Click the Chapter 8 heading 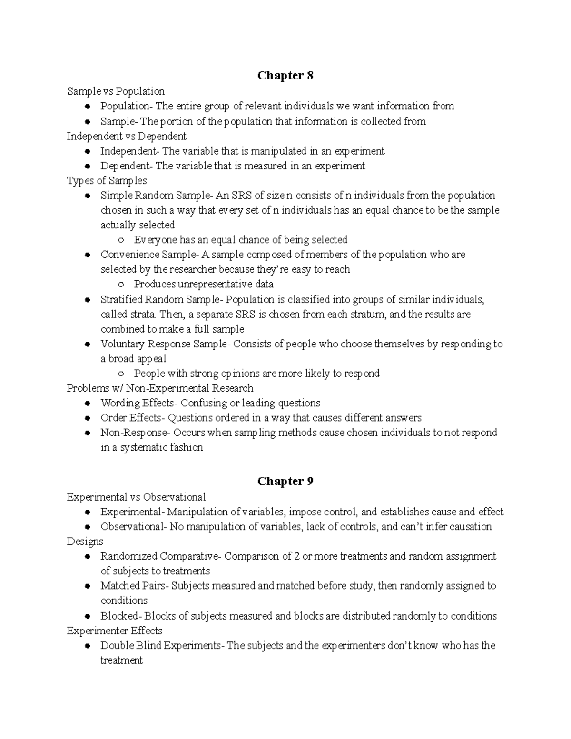coord(285,76)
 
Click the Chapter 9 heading coord(285,481)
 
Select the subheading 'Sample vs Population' coord(116,91)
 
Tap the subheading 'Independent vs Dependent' coord(127,136)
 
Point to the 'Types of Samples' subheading coord(107,181)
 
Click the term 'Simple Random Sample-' coord(157,196)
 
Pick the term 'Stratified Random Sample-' coord(161,300)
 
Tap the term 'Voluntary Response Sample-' coord(165,344)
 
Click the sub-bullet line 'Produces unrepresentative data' coord(204,285)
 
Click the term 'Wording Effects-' coord(140,403)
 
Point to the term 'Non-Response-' coord(135,433)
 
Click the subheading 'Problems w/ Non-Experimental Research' coord(160,388)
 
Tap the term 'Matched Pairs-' coord(134,586)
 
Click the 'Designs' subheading coord(85,542)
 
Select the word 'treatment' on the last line coord(121,660)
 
